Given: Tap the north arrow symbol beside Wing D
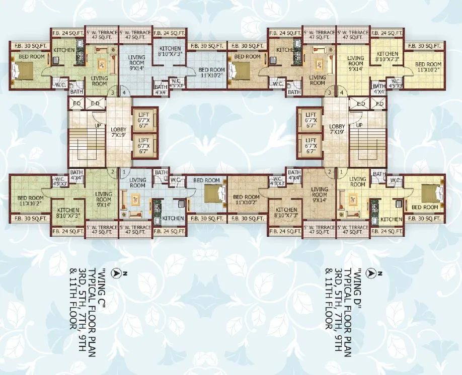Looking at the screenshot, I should [x=373, y=273].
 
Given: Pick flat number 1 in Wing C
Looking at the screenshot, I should [x=124, y=172].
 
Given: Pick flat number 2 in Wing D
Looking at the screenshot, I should [x=330, y=172].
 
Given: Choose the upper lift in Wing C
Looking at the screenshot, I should [x=143, y=121].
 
